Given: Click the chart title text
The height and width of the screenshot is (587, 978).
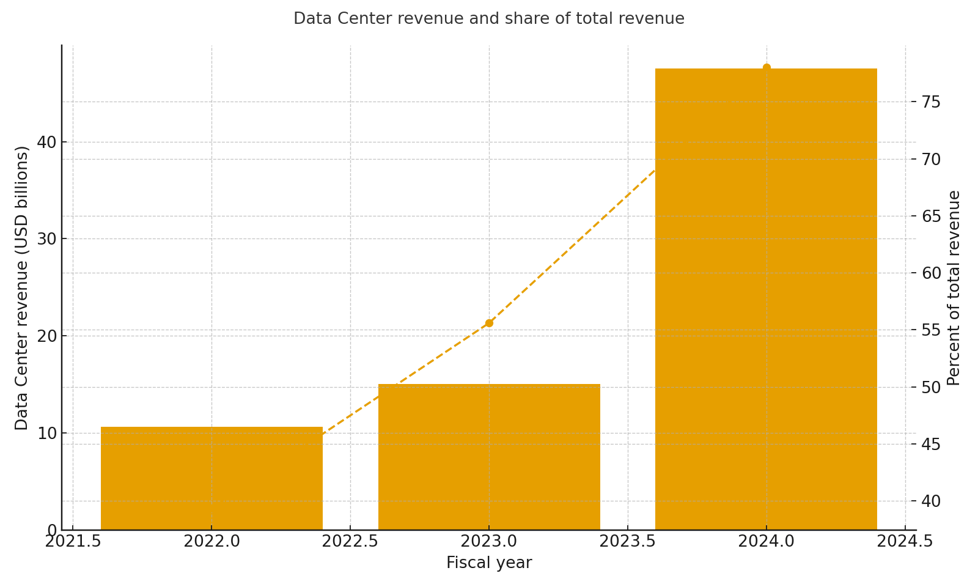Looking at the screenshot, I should (x=489, y=19).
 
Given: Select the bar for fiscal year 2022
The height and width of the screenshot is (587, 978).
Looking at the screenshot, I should (x=211, y=478).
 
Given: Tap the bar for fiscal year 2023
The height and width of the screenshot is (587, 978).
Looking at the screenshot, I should (x=489, y=457).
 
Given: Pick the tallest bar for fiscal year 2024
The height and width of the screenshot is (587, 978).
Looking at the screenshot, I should (x=766, y=299).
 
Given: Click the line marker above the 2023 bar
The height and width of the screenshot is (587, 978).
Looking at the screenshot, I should (x=489, y=323).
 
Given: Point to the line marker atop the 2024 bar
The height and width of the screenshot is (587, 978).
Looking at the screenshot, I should (x=767, y=67).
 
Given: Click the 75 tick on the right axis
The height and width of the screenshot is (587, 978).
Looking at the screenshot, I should (x=931, y=102).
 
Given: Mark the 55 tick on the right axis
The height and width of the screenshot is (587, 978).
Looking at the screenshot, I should (x=931, y=330).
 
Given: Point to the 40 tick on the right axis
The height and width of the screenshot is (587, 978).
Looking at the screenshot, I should (x=931, y=501).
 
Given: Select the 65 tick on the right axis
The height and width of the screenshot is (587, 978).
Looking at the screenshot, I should (x=931, y=216).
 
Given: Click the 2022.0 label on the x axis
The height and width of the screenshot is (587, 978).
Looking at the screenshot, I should (x=211, y=542).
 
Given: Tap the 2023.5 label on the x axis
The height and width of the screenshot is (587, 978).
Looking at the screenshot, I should (x=627, y=542).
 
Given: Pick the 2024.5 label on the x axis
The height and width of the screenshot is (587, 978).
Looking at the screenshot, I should (x=905, y=542).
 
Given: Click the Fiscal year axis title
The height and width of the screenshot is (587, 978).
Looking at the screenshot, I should (x=489, y=563).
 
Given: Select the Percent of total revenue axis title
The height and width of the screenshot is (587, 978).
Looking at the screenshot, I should (x=954, y=287).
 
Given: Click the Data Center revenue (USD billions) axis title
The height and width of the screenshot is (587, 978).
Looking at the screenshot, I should (x=22, y=287).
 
